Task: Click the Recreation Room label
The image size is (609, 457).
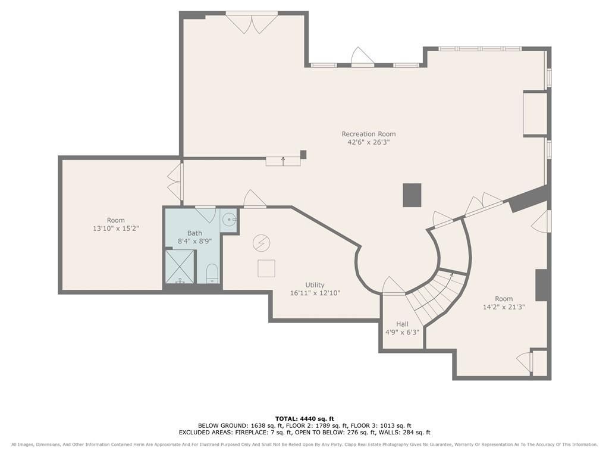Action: click(x=369, y=134)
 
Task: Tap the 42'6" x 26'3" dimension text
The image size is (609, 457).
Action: click(x=369, y=143)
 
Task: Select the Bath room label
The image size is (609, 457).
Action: click(x=194, y=233)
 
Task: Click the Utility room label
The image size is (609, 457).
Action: click(x=315, y=285)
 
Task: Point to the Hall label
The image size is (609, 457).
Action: click(x=403, y=324)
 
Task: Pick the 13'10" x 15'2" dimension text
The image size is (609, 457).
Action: click(x=116, y=228)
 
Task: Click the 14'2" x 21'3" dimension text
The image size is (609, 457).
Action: click(x=504, y=307)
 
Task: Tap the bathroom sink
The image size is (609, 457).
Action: click(x=229, y=220)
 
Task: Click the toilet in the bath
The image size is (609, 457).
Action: click(x=212, y=274)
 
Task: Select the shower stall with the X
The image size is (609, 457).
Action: click(x=180, y=267)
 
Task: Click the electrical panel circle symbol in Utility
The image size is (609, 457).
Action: click(x=261, y=243)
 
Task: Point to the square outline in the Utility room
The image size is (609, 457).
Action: click(x=266, y=268)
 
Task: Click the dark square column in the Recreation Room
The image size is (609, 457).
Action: click(x=412, y=195)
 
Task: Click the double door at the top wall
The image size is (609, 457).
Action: click(x=252, y=23)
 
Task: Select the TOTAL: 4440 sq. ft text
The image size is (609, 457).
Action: click(x=304, y=418)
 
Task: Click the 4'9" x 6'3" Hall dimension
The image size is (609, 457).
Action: click(x=403, y=333)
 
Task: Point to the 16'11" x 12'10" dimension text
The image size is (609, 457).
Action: click(x=315, y=293)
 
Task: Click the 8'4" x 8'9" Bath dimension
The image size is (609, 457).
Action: click(x=194, y=242)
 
